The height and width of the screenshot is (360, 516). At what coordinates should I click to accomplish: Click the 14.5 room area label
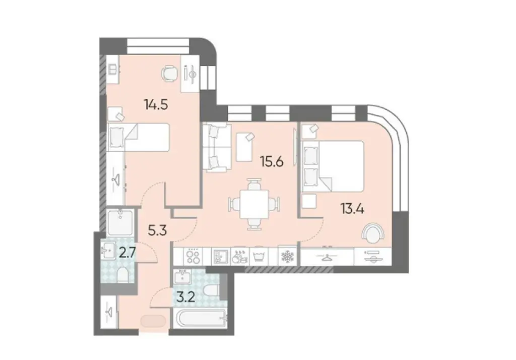156,105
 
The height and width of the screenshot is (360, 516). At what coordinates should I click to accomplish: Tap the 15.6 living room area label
272,161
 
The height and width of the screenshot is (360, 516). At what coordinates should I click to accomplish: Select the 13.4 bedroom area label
352,209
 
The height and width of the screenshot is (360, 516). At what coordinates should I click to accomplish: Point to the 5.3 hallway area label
157,230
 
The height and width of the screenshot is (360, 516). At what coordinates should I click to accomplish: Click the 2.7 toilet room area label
127,253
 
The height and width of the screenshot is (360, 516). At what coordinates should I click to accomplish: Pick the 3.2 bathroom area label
186,297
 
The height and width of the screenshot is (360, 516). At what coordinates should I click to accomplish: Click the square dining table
254,204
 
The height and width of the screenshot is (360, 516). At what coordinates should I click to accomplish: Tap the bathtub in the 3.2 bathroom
202,319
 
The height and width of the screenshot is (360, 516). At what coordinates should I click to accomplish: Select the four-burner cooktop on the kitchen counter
193,256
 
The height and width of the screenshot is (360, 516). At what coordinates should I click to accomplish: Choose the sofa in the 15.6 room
215,147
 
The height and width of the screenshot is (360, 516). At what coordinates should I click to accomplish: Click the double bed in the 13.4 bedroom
333,166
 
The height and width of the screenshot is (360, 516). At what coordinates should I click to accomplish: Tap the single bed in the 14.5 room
139,137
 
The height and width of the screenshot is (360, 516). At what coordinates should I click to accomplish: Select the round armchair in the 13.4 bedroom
373,233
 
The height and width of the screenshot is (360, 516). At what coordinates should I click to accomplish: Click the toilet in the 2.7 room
122,274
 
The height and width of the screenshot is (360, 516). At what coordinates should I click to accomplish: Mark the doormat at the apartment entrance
153,321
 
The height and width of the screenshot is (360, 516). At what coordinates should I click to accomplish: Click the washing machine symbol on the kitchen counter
260,257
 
